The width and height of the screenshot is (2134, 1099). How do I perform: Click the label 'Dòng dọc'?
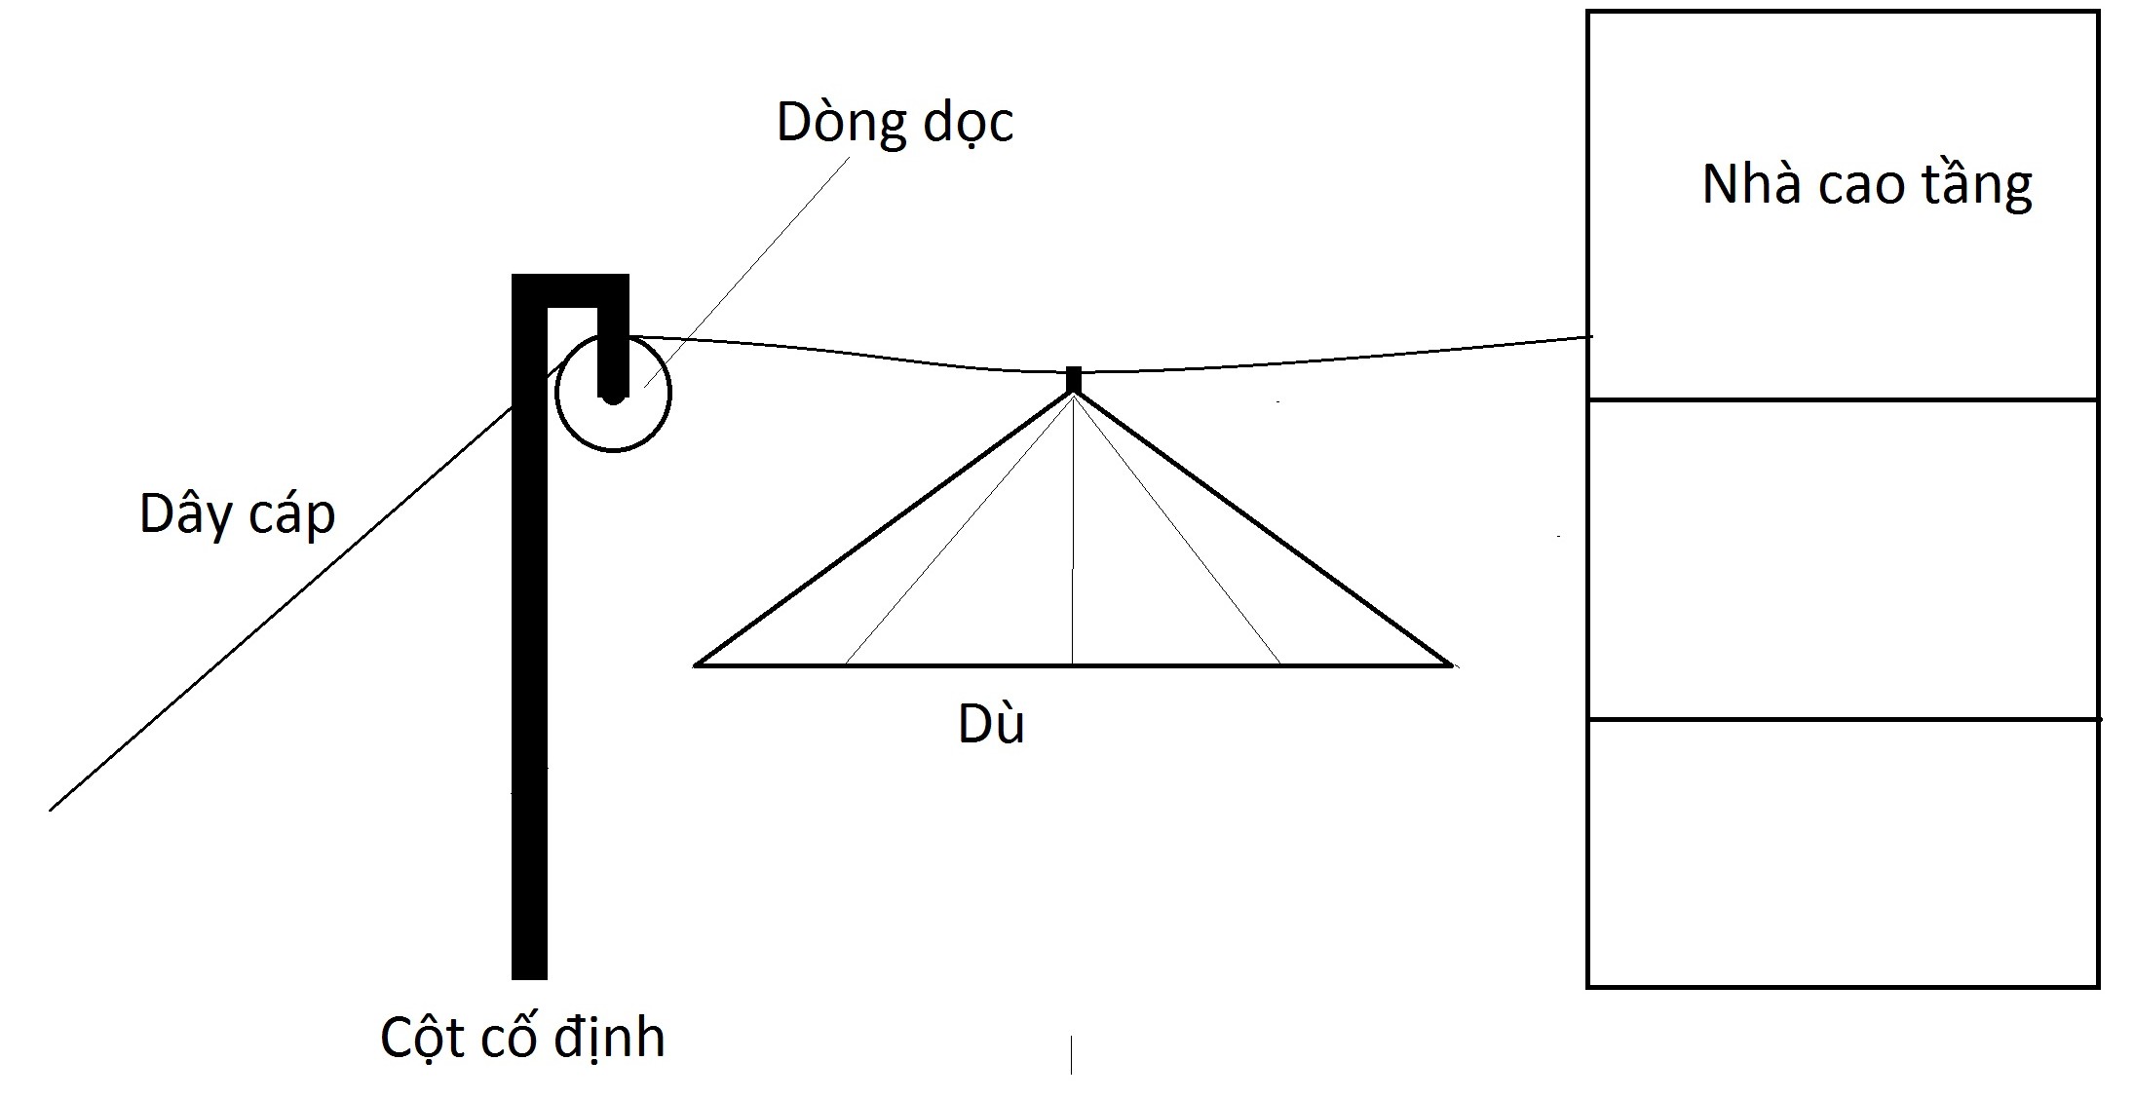click(x=894, y=124)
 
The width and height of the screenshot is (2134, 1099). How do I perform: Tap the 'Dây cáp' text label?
click(x=237, y=513)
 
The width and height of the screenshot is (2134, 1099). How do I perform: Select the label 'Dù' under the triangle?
click(x=991, y=724)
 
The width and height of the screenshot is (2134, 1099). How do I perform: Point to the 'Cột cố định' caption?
click(x=522, y=1038)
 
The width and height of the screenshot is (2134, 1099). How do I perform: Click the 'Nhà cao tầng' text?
click(x=1866, y=185)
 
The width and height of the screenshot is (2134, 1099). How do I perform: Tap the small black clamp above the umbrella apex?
click(x=1074, y=379)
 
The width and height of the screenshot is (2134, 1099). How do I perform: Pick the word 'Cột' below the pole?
click(x=420, y=1037)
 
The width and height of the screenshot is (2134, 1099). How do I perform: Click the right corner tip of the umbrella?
click(x=1451, y=665)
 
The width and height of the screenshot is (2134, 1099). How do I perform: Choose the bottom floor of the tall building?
click(x=1842, y=853)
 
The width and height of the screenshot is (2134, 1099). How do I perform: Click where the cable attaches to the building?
click(x=1589, y=337)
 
